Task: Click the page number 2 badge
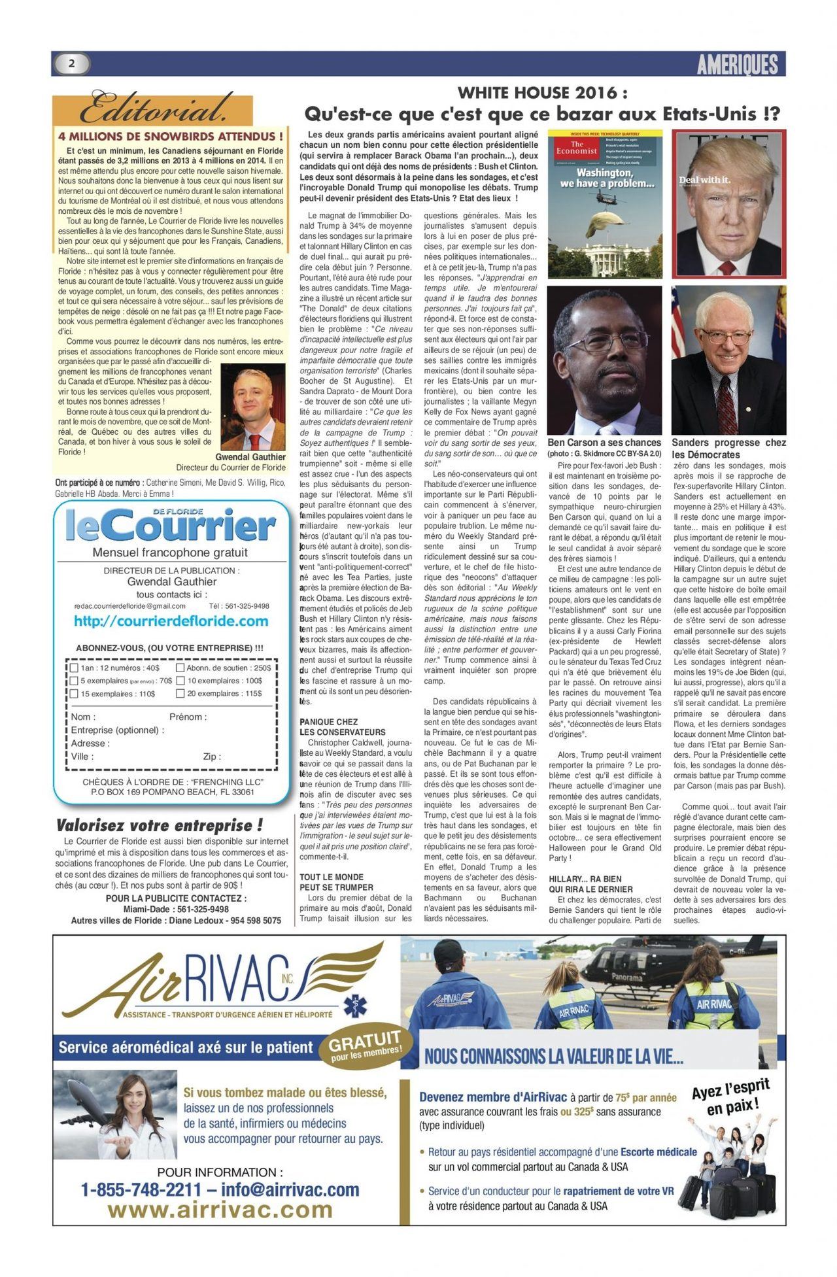(x=71, y=63)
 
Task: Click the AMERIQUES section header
(x=737, y=64)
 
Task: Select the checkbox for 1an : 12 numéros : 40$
(x=75, y=668)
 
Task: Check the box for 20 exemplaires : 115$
(x=180, y=693)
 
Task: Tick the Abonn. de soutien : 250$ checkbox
(x=180, y=668)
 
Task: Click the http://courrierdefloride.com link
(x=171, y=621)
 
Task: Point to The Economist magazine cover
(x=604, y=204)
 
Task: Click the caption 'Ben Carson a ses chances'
(x=604, y=443)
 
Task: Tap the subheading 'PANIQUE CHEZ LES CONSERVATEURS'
(x=343, y=726)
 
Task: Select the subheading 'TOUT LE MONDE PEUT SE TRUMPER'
(x=337, y=881)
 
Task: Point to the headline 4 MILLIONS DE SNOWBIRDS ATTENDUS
(x=171, y=137)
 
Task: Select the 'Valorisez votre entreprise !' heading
(x=160, y=825)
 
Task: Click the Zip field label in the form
(x=211, y=757)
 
